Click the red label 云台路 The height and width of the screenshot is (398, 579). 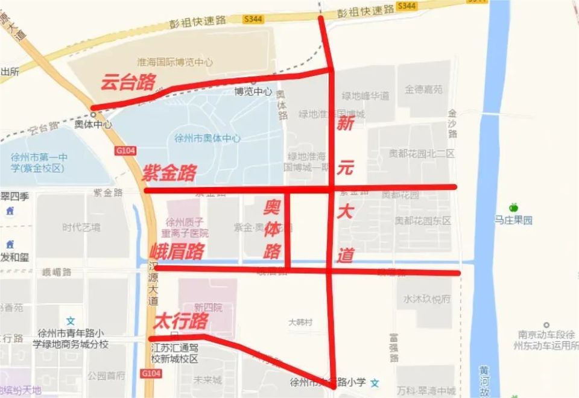point(128,83)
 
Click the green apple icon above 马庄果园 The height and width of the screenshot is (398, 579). point(513,207)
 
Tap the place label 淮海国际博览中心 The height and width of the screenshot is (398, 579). point(175,62)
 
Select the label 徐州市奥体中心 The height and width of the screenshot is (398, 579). point(207,138)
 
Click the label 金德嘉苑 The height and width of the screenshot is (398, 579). point(423,89)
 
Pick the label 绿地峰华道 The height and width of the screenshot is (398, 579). point(365,95)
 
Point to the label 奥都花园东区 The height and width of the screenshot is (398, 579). point(423,221)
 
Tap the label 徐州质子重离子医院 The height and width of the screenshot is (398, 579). point(187,227)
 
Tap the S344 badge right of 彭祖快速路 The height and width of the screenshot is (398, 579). point(407,6)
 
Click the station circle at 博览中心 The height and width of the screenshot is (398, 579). point(253,81)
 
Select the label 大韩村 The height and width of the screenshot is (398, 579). point(300,323)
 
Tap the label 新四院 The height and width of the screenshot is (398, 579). point(209,308)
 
